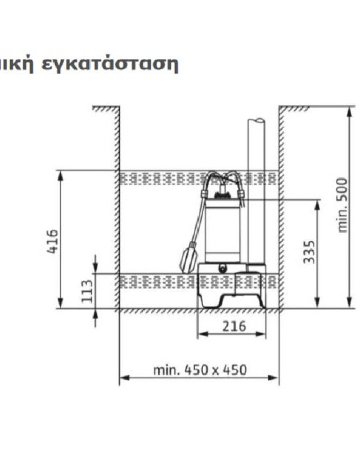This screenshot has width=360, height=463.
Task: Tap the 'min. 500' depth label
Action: tap(343, 205)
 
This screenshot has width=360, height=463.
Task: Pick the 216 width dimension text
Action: tap(235, 326)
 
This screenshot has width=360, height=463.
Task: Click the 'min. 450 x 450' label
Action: tap(200, 369)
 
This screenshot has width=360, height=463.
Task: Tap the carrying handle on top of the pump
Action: tap(222, 177)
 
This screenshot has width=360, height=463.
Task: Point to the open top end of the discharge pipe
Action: tap(257, 121)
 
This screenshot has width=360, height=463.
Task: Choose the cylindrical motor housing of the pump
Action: tap(222, 232)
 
